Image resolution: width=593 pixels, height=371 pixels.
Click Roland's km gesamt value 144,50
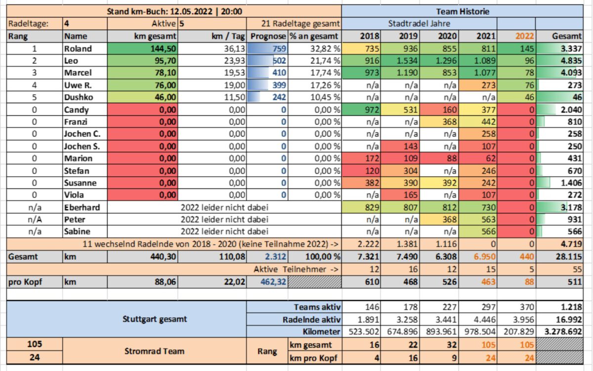(x=163, y=49)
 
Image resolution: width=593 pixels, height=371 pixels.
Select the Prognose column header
(x=268, y=36)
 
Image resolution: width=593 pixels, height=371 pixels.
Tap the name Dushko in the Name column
(x=79, y=97)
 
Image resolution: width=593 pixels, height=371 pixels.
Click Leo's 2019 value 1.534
(x=407, y=61)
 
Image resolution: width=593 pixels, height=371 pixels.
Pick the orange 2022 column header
(x=525, y=36)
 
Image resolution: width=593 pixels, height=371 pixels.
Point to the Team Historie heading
(x=463, y=12)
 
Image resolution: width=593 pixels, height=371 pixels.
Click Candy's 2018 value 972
(x=372, y=110)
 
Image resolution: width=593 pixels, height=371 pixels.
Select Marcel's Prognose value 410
(x=279, y=73)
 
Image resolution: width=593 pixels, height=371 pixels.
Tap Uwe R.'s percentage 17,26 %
(x=325, y=85)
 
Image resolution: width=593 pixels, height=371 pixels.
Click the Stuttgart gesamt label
(x=155, y=319)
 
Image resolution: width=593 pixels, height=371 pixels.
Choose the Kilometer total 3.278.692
(x=563, y=331)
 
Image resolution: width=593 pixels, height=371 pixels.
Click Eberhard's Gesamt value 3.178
(x=571, y=207)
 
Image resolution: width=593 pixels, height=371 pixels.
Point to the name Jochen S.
(x=82, y=146)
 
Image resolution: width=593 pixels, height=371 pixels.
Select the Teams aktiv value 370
(x=527, y=307)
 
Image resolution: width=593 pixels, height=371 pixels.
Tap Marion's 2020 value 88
(x=452, y=158)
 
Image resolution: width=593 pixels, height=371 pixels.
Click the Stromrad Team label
(x=154, y=351)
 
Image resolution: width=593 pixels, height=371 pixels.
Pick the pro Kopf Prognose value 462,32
(x=273, y=281)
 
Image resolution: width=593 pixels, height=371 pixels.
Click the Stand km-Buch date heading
(x=174, y=12)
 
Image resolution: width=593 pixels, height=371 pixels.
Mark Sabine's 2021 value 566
(x=488, y=232)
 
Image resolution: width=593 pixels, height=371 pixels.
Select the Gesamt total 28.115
(x=569, y=257)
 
